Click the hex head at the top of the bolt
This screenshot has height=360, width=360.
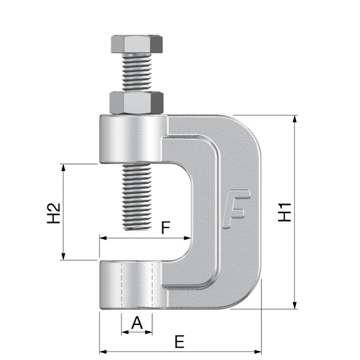pyautogui.click(x=136, y=44)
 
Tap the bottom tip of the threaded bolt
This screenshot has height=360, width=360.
pyautogui.click(x=136, y=228)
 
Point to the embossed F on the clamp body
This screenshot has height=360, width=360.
pyautogui.click(x=236, y=208)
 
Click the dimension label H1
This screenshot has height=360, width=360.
pyautogui.click(x=285, y=212)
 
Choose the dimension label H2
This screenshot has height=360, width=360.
pyautogui.click(x=53, y=213)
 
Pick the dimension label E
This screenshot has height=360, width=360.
pyautogui.click(x=179, y=341)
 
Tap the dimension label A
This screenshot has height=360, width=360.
pyautogui.click(x=137, y=323)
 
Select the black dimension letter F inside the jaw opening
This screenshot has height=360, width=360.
pyautogui.click(x=165, y=227)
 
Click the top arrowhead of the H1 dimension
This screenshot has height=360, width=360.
pyautogui.click(x=295, y=119)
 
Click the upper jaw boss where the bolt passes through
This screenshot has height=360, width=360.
pyautogui.click(x=131, y=139)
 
